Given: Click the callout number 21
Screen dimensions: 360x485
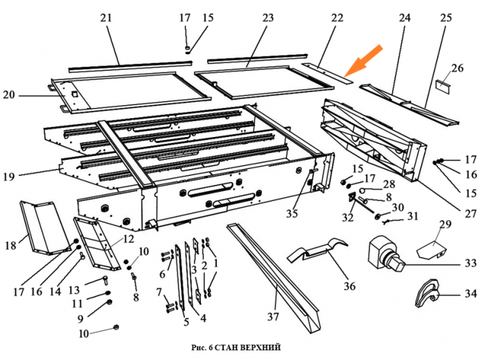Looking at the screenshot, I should (105, 18).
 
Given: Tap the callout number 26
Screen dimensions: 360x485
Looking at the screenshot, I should (457, 68).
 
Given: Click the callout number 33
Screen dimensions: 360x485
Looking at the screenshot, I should (470, 264).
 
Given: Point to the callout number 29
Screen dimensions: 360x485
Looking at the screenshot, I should (445, 224).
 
